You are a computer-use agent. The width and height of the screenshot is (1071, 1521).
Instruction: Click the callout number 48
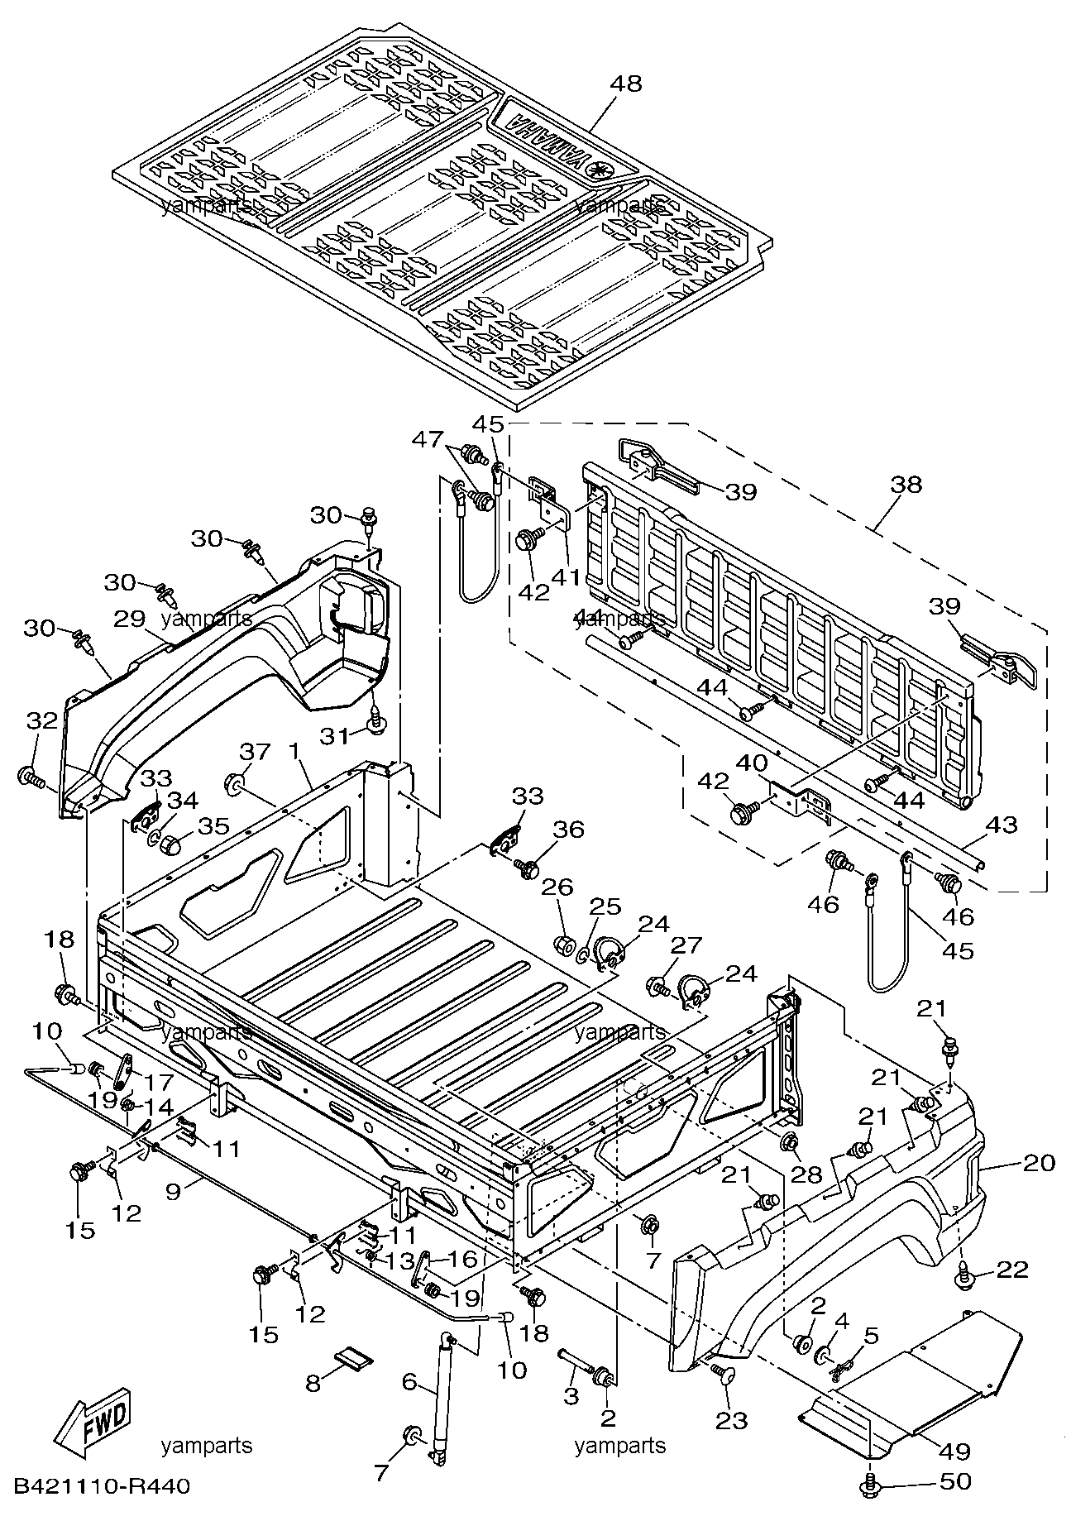[x=626, y=84]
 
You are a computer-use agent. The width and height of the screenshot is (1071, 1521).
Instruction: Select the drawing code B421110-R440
[x=101, y=1488]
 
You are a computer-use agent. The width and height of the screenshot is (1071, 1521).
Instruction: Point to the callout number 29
[x=131, y=619]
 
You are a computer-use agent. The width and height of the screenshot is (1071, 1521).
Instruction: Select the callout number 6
[x=409, y=1380]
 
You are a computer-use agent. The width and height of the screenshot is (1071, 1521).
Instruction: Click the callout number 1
[x=293, y=752]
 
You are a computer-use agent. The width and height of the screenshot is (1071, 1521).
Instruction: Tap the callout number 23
[x=732, y=1421]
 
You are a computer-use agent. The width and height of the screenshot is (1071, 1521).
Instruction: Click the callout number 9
[x=173, y=1192]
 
